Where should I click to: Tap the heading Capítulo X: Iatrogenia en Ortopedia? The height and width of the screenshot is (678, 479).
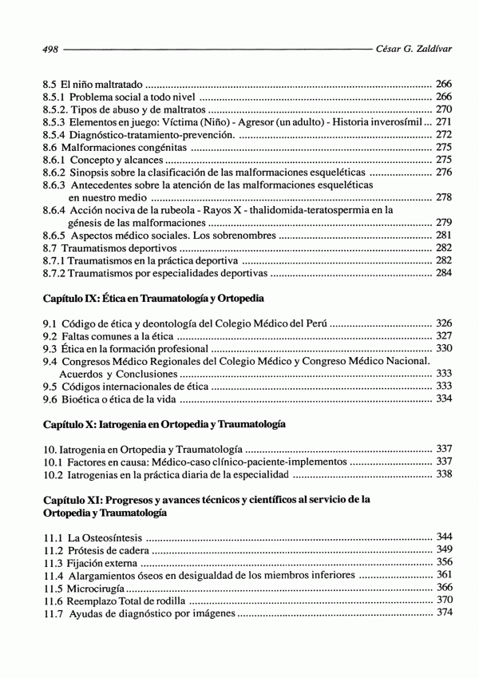[x=164, y=423]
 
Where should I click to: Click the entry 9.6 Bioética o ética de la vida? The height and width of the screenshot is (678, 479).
[x=110, y=398]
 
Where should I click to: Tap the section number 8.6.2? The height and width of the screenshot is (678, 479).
[x=53, y=172]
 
